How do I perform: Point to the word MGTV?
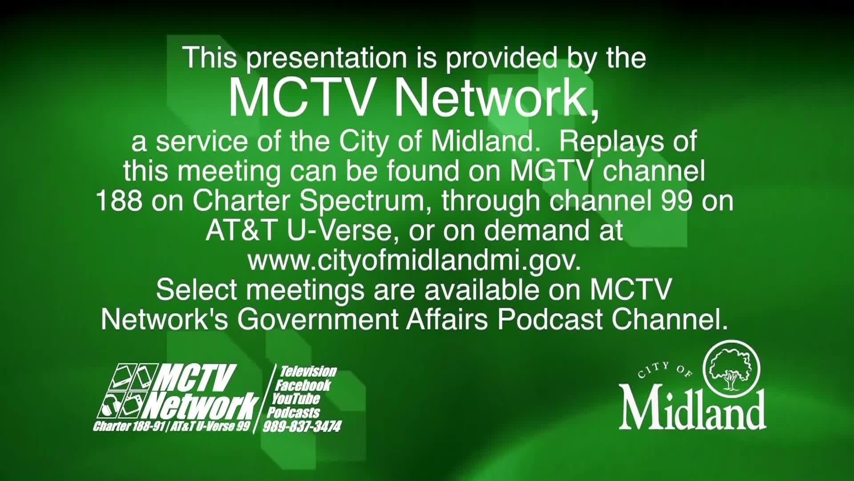(x=550, y=171)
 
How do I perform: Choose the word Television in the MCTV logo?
(x=308, y=371)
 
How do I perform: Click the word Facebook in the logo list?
(x=303, y=385)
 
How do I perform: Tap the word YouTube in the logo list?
(x=296, y=399)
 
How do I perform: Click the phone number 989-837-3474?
(x=302, y=427)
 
